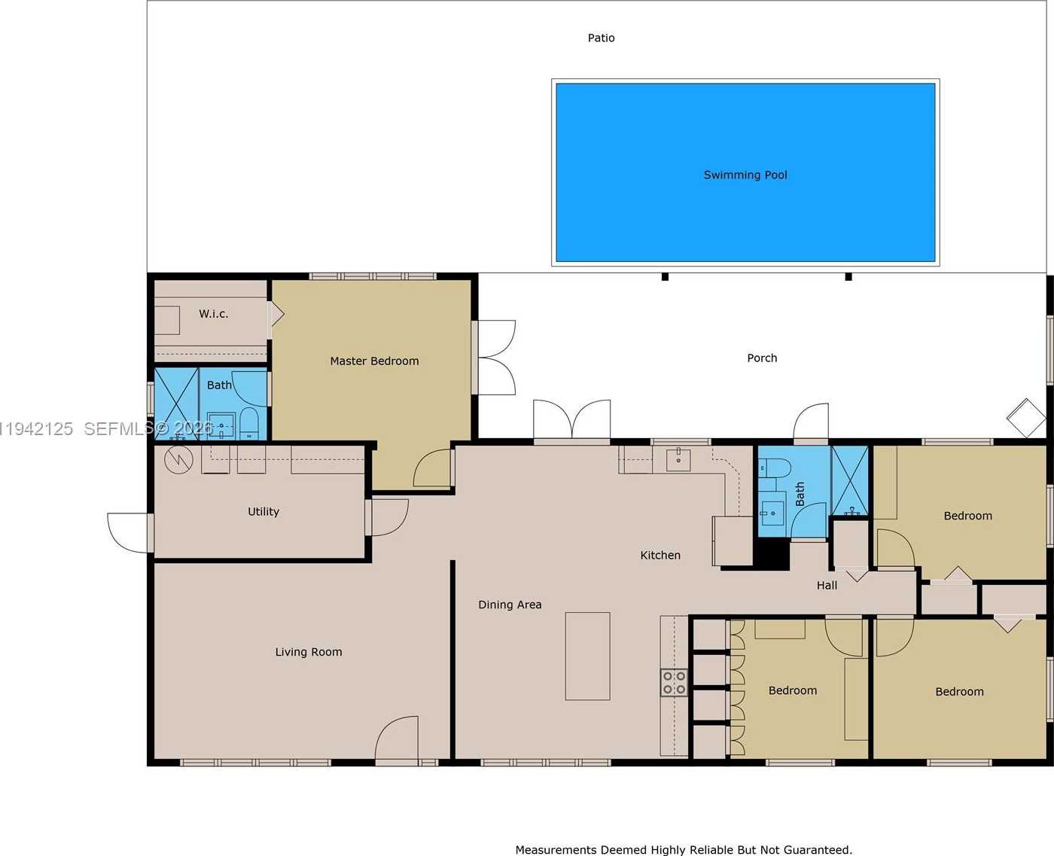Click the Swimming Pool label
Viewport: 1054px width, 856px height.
coord(745,175)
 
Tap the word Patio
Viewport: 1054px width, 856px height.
coord(601,38)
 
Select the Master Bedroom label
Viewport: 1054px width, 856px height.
coord(374,361)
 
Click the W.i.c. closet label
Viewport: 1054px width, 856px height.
coord(213,314)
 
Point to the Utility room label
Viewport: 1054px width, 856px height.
coord(263,511)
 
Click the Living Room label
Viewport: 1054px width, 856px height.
coord(308,652)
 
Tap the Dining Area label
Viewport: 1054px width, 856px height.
coord(510,605)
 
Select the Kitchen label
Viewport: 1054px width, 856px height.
coord(660,555)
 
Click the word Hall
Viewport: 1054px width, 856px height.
coord(827,585)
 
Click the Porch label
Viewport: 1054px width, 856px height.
coord(762,358)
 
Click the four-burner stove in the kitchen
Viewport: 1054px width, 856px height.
coord(674,683)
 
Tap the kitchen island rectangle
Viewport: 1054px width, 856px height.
coord(587,656)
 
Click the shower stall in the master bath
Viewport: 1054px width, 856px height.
coord(176,403)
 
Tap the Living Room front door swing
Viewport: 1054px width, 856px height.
coord(398,739)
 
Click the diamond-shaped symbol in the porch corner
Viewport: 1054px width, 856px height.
coord(1026,418)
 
